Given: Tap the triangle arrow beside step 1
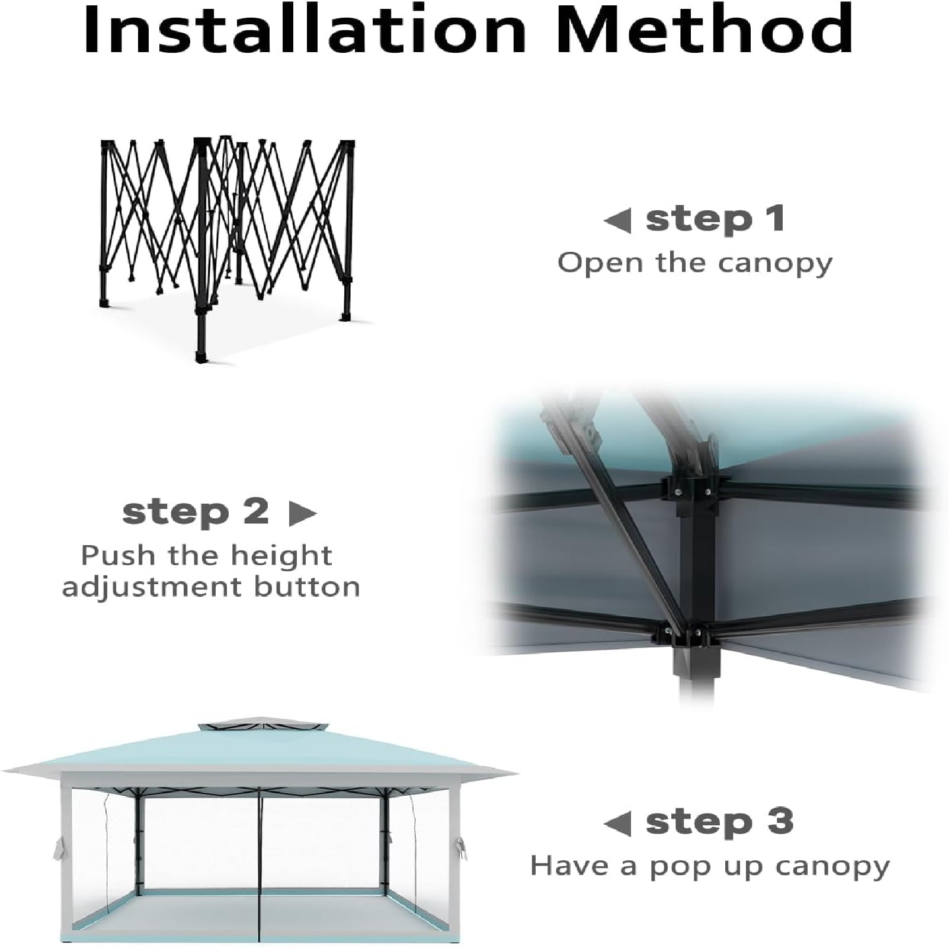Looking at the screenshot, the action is point(617,220).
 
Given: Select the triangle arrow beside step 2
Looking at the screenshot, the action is point(302,514).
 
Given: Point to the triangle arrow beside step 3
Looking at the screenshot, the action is point(617,824).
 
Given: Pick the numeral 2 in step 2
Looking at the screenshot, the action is point(256,511).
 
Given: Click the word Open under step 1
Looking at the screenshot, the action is point(600,263).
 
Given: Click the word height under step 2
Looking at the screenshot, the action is point(281,556).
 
